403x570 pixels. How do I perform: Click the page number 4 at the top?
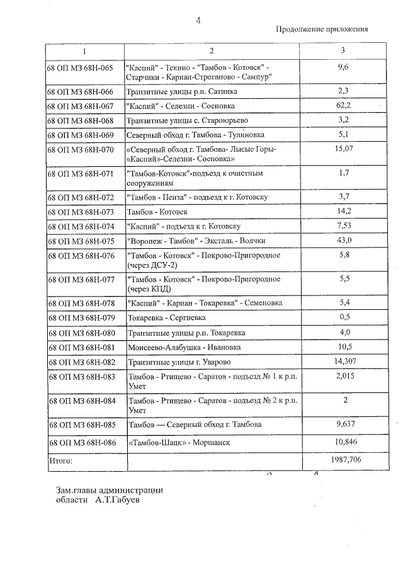[x=198, y=20]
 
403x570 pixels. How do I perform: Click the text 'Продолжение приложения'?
[x=322, y=30]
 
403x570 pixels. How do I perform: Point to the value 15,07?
[x=343, y=149]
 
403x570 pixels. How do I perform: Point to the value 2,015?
[x=343, y=376]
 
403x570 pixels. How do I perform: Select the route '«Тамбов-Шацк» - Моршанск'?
[x=178, y=443]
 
